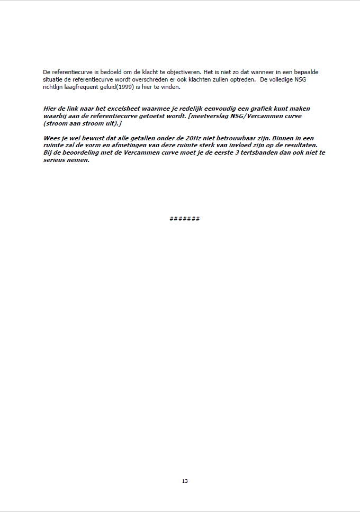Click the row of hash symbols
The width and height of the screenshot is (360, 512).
185,219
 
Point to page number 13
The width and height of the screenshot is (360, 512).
185,481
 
